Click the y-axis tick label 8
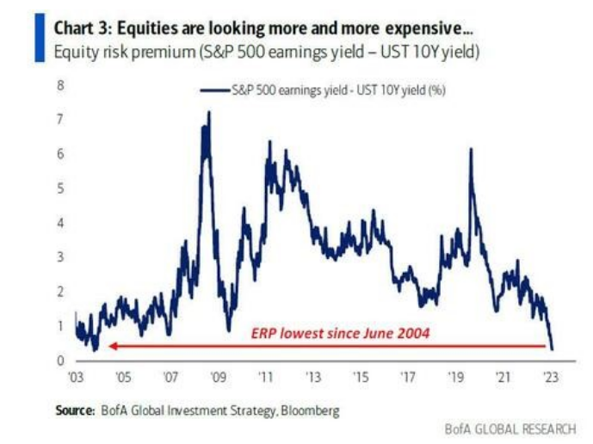click(x=60, y=85)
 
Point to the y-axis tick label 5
click(x=60, y=188)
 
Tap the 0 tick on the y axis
click(x=60, y=360)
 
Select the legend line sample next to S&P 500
click(x=214, y=89)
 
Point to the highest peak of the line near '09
click(x=207, y=113)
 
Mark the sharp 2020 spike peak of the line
click(x=471, y=150)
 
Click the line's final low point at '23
click(x=552, y=348)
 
